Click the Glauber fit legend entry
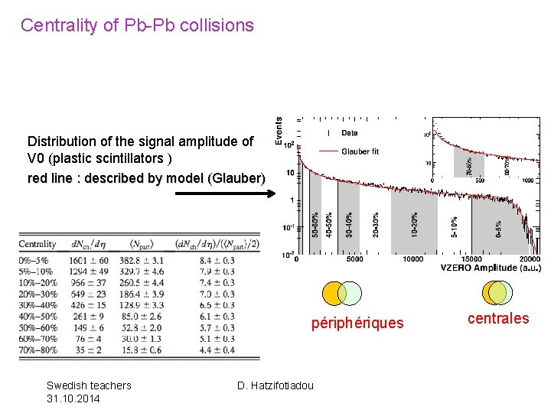[360, 151]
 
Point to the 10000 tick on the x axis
[412, 259]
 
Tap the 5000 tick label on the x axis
[355, 259]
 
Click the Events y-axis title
[279, 132]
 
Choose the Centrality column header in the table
[37, 244]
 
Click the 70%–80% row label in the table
[38, 350]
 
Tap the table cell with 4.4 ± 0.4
[217, 350]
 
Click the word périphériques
[357, 323]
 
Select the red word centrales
[497, 318]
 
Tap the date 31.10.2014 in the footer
[73, 398]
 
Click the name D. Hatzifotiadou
[275, 385]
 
